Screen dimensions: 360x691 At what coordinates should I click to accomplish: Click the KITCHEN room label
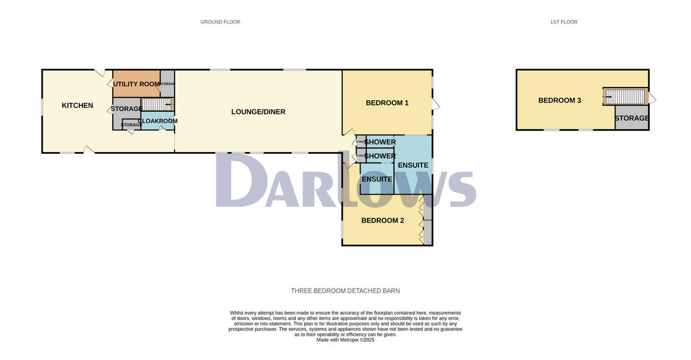[x=77, y=105]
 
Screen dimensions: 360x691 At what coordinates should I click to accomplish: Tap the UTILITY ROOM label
[x=136, y=84]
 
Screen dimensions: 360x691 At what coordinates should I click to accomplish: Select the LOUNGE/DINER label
[x=259, y=112]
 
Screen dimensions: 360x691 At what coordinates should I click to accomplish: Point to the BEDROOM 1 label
[x=387, y=103]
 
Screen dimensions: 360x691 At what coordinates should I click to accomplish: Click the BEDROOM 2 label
[x=382, y=221]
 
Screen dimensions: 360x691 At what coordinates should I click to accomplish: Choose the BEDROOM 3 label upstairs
[x=559, y=100]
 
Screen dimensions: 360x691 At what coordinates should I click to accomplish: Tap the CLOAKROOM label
[x=158, y=121]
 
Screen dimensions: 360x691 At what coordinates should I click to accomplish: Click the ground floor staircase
[x=156, y=104]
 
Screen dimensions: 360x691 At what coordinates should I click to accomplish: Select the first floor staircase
[x=624, y=97]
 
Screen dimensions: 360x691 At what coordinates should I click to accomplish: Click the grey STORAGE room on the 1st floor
[x=632, y=118]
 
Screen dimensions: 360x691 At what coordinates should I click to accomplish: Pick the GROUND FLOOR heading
[x=220, y=22]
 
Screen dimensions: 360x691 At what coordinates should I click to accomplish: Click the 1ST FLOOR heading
[x=563, y=22]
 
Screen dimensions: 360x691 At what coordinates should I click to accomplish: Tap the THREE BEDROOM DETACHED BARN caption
[x=345, y=291]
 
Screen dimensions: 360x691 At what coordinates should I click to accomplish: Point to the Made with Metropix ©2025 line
[x=345, y=340]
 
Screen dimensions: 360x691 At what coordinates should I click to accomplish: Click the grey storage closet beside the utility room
[x=167, y=84]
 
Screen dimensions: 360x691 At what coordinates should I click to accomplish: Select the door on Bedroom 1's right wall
[x=435, y=104]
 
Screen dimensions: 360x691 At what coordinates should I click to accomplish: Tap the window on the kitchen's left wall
[x=42, y=107]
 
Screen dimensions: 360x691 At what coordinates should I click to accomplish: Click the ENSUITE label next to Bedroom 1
[x=413, y=165]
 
